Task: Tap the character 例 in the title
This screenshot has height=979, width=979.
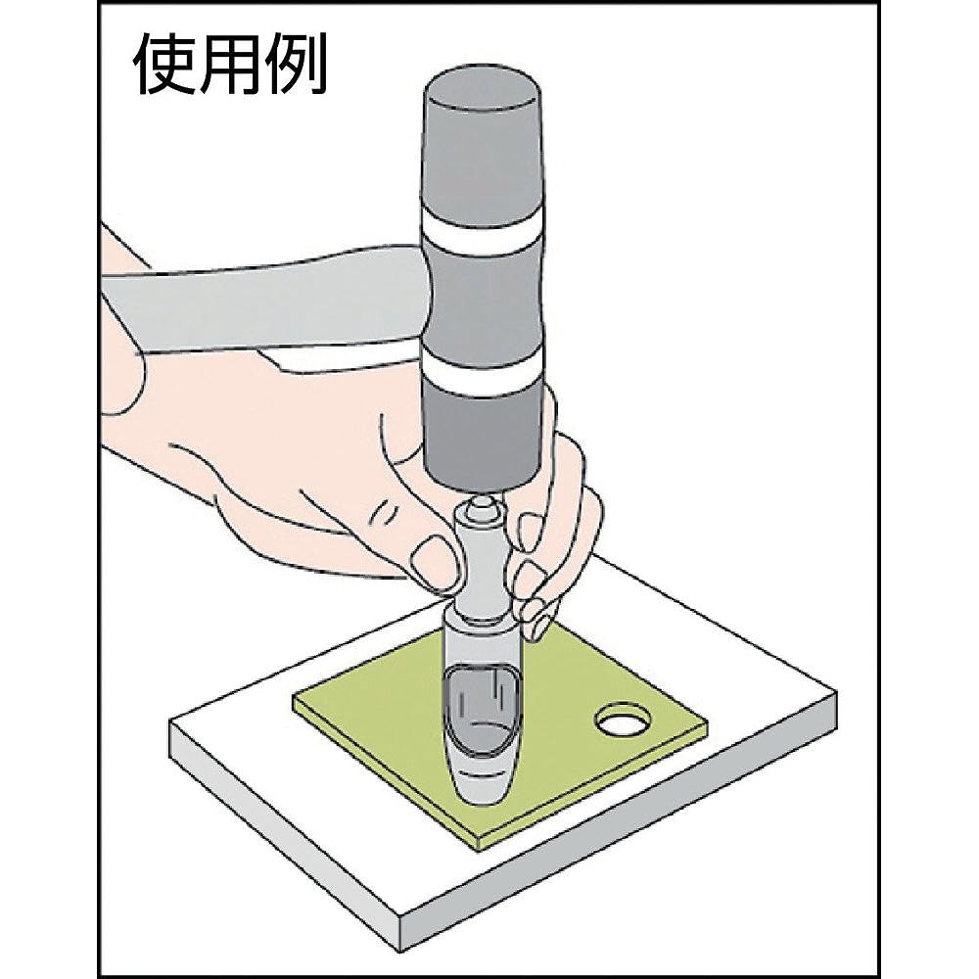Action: [x=293, y=67]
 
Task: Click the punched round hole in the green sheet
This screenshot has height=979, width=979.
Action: [x=624, y=723]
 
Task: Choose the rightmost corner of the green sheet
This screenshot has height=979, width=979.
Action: [x=707, y=726]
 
